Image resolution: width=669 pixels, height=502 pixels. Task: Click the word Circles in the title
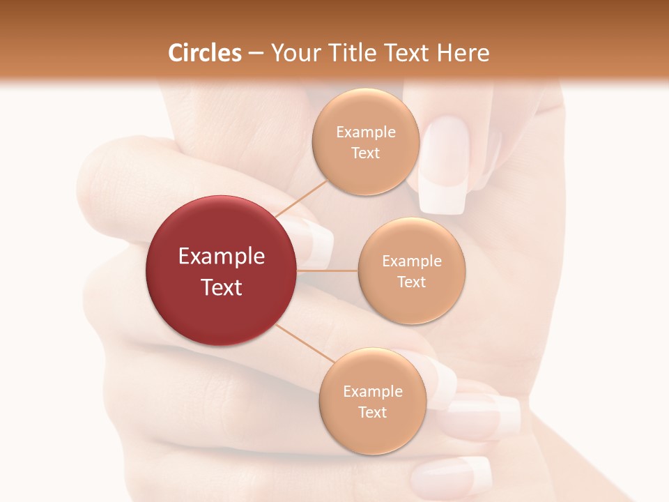(x=205, y=53)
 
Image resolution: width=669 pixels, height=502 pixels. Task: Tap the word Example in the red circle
(x=221, y=257)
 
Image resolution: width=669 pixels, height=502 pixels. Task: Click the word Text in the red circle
(x=221, y=287)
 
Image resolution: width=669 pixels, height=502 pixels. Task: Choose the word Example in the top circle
(x=365, y=132)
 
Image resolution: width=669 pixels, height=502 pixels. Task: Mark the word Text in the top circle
(x=365, y=153)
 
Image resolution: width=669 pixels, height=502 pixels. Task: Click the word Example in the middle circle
(x=411, y=261)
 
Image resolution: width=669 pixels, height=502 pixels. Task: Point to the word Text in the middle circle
(x=411, y=282)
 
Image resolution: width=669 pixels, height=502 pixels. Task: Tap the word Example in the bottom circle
(x=372, y=392)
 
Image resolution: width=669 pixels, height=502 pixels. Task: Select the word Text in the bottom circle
(x=372, y=413)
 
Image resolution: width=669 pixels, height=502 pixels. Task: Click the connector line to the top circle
(x=301, y=199)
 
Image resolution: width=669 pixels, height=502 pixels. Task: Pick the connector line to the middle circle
(x=327, y=270)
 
